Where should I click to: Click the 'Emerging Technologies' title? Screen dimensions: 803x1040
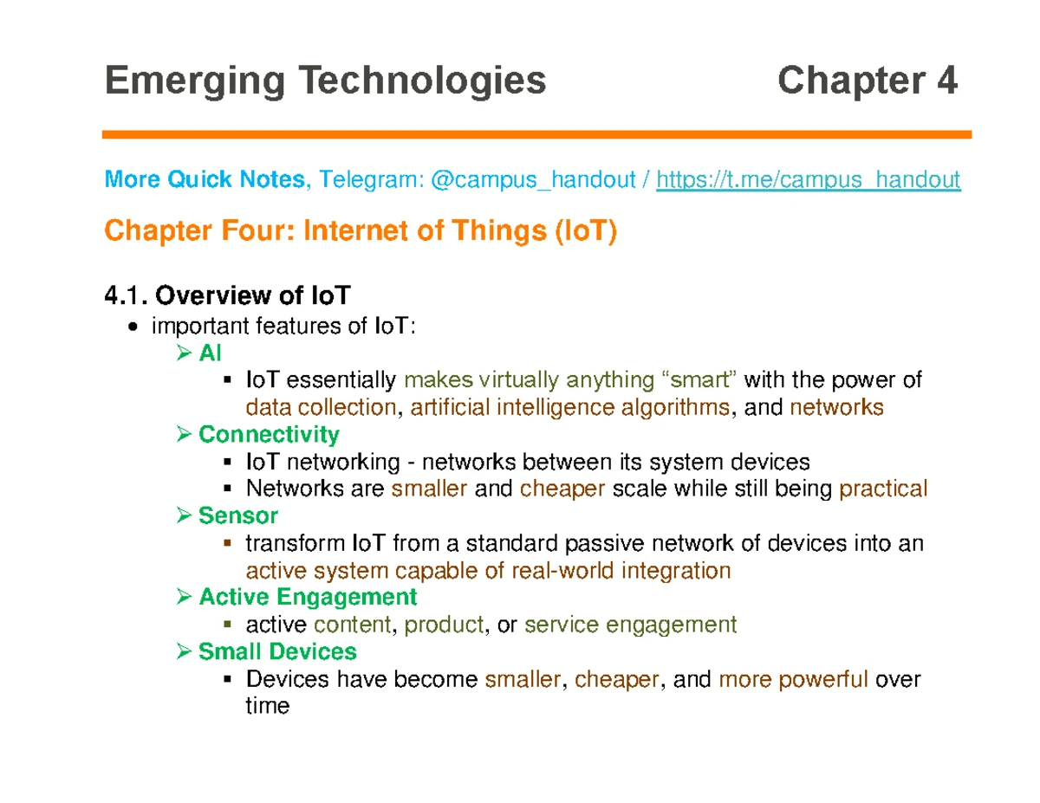(325, 81)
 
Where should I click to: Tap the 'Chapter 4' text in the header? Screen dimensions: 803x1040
(867, 81)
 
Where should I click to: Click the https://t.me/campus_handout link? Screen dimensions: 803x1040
(808, 180)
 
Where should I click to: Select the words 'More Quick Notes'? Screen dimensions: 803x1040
(204, 180)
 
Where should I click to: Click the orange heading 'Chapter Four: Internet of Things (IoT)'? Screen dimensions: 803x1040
(361, 232)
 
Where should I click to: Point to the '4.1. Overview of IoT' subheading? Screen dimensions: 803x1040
(227, 296)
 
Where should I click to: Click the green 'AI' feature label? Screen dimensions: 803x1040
(211, 353)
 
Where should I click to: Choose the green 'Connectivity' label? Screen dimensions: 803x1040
(269, 433)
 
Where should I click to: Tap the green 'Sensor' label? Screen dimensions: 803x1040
(237, 516)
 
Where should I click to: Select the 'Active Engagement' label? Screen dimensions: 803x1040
(308, 597)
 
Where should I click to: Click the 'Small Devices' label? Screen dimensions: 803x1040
(277, 651)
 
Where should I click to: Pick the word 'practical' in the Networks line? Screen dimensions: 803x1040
(884, 489)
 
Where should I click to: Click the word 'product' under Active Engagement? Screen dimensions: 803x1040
(444, 625)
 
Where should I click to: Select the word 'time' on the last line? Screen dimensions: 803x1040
(267, 706)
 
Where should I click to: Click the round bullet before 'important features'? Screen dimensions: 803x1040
(132, 327)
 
